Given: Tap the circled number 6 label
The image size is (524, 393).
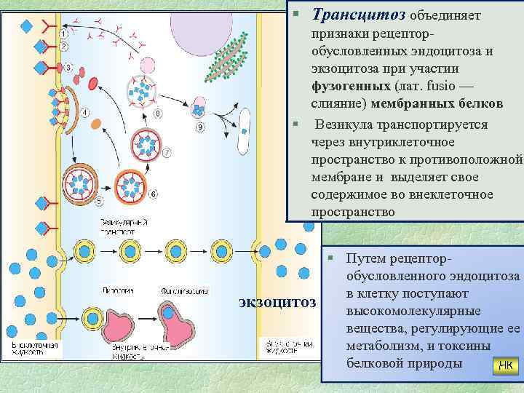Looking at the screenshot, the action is (x=154, y=194).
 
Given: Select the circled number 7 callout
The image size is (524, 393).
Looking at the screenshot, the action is (x=167, y=153).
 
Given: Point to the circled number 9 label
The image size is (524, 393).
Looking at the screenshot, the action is (x=201, y=128).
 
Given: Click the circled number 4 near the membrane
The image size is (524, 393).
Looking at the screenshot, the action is (x=85, y=113).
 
